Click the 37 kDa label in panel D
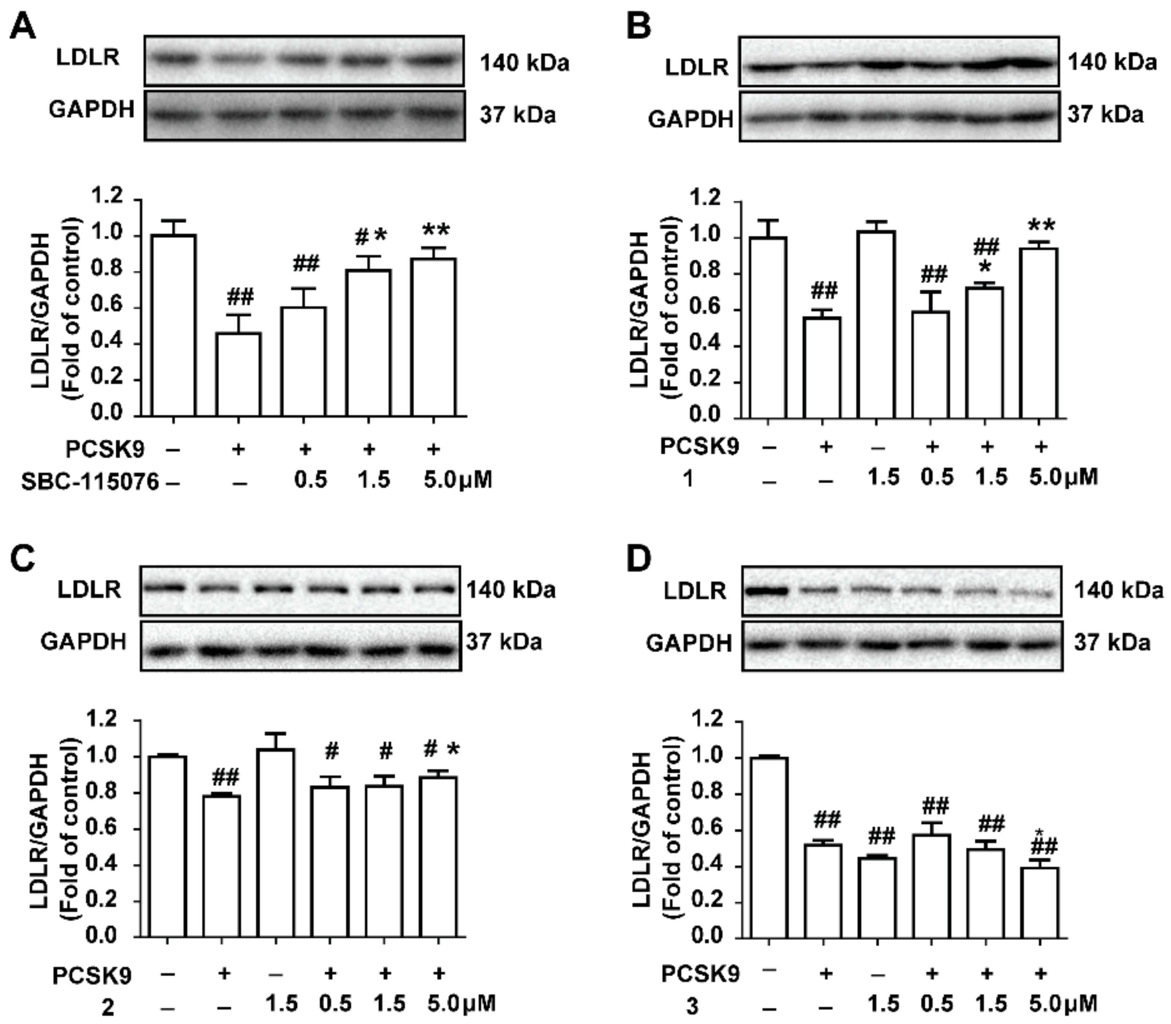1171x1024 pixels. click(1111, 643)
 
